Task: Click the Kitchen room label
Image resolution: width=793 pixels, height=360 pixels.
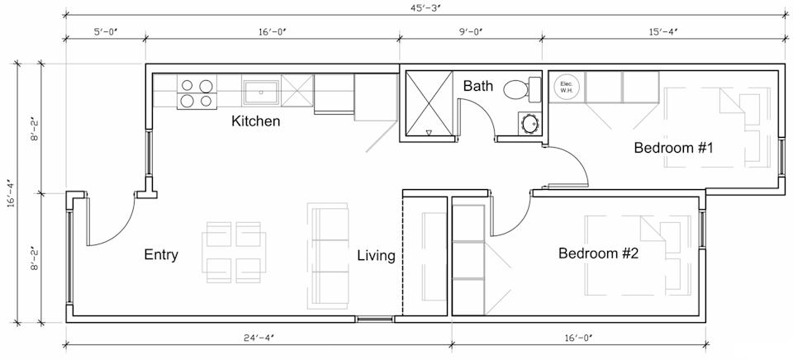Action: click(x=255, y=121)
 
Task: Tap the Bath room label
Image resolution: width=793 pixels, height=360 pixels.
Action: click(x=478, y=85)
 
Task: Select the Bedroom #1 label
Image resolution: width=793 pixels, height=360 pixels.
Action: click(x=673, y=149)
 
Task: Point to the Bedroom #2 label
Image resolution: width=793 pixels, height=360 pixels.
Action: click(x=598, y=253)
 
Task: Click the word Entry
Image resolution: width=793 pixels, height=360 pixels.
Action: click(x=161, y=254)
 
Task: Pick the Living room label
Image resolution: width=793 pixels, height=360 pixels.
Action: click(x=376, y=255)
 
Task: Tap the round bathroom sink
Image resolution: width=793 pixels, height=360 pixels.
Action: click(x=529, y=125)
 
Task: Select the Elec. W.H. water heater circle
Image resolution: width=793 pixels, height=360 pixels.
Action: click(x=567, y=88)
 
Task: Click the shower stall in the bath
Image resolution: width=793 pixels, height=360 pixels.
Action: click(x=427, y=105)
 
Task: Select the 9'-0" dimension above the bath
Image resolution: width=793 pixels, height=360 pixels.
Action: click(x=470, y=32)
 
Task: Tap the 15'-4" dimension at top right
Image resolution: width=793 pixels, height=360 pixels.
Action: click(x=663, y=32)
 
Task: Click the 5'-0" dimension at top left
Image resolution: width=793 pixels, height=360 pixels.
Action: click(x=105, y=32)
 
